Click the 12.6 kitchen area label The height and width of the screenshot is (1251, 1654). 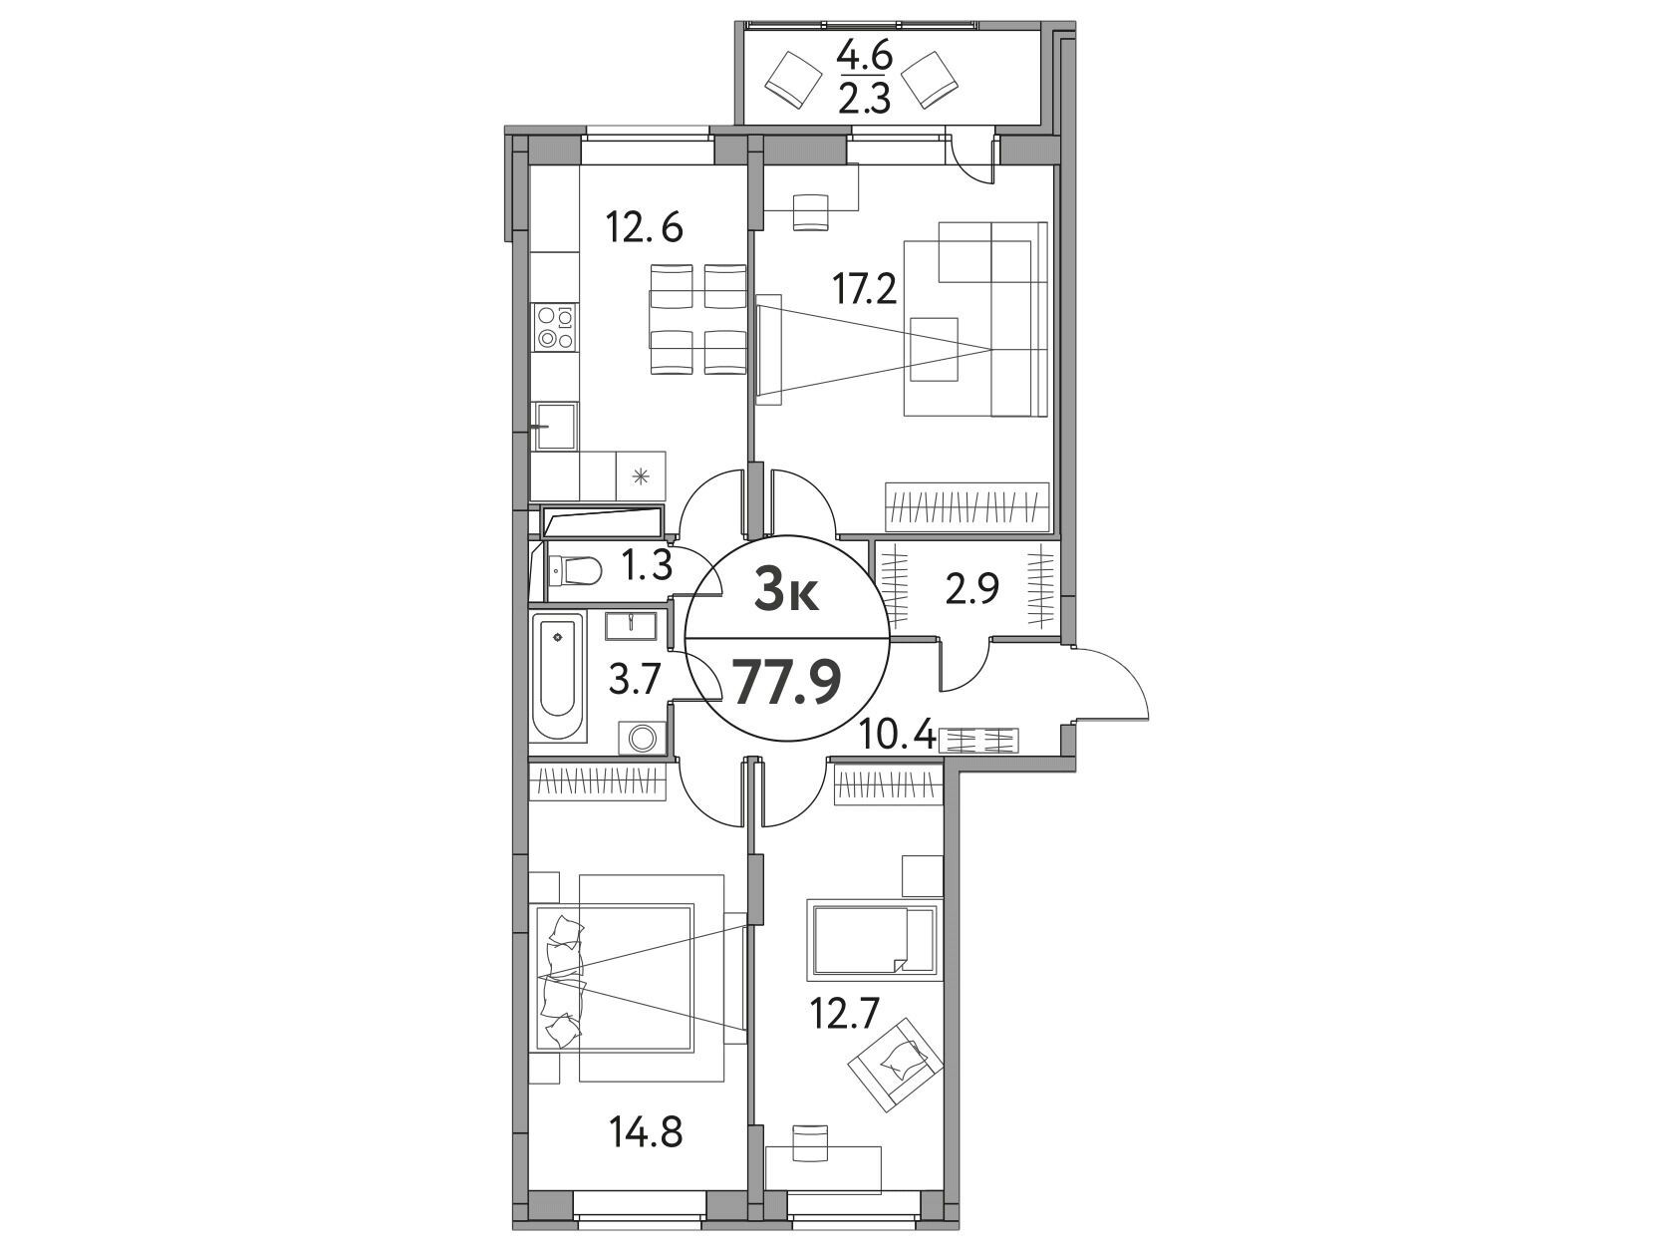[645, 227]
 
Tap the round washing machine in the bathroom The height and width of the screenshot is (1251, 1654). [642, 738]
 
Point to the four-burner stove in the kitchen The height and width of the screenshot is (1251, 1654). [555, 328]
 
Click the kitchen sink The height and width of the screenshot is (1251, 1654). [555, 427]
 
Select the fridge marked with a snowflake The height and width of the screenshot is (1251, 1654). [642, 475]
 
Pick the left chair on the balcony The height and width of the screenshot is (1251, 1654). [793, 78]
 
